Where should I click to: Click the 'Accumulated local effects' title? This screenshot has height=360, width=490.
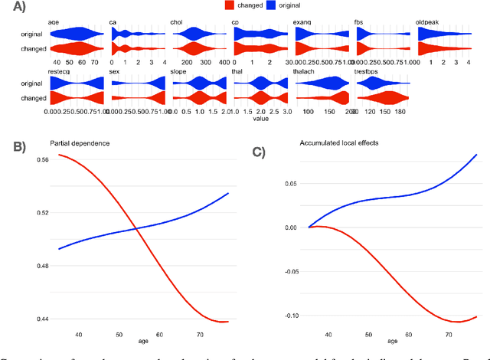click(x=335, y=143)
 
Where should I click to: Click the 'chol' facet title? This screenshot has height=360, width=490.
click(x=178, y=24)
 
